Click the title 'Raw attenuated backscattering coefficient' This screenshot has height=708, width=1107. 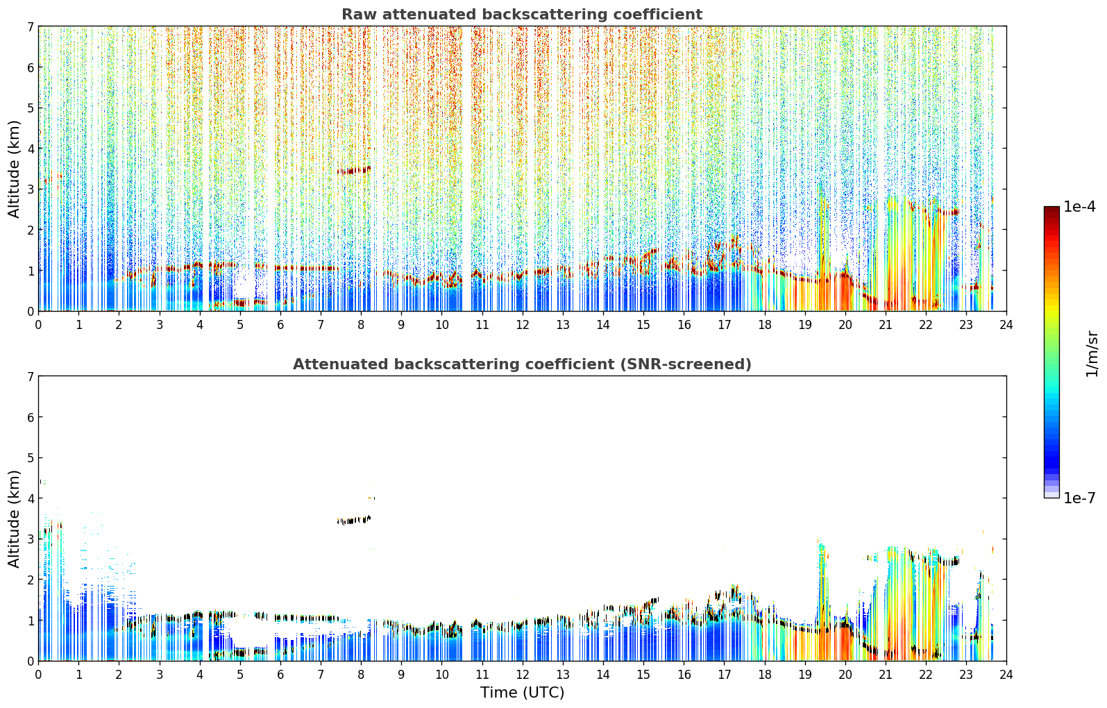click(522, 15)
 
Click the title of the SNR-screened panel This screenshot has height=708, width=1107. click(522, 364)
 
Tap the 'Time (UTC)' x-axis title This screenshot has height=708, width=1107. click(522, 693)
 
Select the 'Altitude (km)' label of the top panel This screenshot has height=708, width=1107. click(15, 169)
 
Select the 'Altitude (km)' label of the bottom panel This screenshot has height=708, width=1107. click(15, 519)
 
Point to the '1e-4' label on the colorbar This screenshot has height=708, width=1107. click(1079, 207)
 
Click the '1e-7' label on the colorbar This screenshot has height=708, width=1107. click(1079, 498)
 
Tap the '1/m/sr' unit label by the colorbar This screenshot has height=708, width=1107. click(1092, 354)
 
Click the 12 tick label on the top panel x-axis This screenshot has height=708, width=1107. click(522, 325)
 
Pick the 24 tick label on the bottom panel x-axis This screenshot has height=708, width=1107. click(1006, 675)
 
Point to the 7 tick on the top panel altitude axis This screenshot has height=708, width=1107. click(30, 26)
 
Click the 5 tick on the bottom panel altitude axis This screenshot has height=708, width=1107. click(30, 458)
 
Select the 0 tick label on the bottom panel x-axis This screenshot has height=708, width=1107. click(39, 675)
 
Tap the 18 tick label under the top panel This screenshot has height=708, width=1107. click(764, 325)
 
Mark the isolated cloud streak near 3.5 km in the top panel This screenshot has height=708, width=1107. click(354, 171)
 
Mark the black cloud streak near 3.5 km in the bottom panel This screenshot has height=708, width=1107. click(354, 520)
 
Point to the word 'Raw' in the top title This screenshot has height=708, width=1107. click(359, 15)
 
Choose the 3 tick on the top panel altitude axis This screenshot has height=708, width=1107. click(30, 189)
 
